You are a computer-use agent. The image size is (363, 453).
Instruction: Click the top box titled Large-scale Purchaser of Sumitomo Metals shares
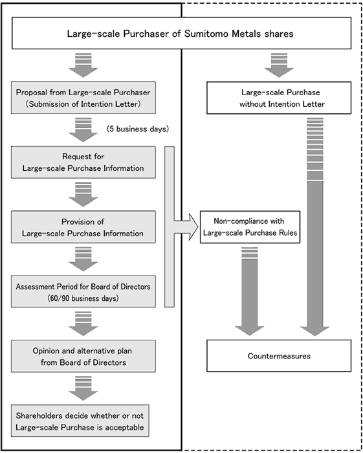181,33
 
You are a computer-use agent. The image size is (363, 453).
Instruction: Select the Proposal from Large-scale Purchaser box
83,98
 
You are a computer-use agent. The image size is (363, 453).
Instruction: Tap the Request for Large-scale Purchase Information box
83,162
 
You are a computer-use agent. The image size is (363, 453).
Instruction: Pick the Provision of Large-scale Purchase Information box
83,226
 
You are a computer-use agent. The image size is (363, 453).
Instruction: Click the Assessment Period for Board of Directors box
83,291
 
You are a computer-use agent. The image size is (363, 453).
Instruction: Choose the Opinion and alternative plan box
83,356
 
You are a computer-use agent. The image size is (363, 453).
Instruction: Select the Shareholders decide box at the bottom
80,421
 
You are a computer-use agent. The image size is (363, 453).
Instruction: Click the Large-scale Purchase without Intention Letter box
279,98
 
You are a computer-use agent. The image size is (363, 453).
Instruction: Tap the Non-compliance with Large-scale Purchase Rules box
250,226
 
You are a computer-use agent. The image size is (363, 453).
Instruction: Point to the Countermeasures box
279,356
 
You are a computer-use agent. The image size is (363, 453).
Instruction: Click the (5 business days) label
138,129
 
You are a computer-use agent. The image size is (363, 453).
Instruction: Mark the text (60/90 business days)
83,298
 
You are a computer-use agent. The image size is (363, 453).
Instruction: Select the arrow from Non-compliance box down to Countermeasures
250,291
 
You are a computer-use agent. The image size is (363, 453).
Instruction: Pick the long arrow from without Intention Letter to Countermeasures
314,226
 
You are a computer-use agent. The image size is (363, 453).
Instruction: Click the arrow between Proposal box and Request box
83,129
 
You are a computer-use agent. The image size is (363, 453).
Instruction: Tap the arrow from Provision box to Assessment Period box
83,259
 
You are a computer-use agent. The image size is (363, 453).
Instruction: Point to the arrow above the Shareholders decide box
83,388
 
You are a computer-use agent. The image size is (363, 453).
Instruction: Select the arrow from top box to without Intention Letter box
279,65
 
